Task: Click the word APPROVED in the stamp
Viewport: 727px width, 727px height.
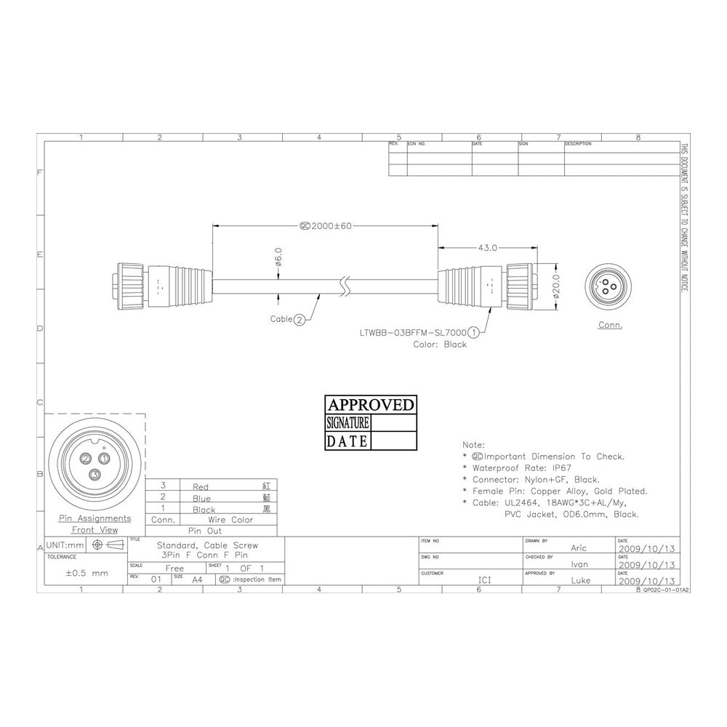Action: tap(371, 405)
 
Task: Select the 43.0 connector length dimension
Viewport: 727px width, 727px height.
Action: tap(486, 248)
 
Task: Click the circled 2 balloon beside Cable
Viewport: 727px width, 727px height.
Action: tap(299, 319)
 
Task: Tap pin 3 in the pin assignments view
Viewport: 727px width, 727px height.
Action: tap(95, 475)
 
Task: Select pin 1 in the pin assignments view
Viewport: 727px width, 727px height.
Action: tap(104, 458)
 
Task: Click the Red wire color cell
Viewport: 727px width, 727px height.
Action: tap(201, 486)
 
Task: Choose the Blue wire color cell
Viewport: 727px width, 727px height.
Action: tap(201, 499)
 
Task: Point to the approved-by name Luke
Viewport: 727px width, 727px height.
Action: tap(580, 580)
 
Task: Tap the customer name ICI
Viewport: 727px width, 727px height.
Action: tap(483, 580)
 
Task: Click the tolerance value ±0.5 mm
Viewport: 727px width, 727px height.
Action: tap(87, 573)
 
